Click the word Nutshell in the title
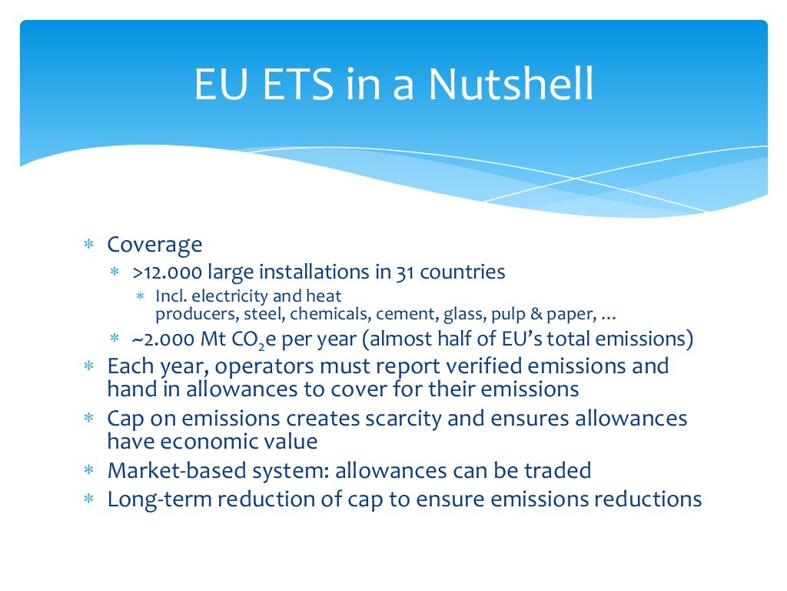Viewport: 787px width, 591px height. (510, 85)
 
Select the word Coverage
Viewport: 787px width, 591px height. (154, 245)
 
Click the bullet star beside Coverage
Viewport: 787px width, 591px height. (88, 245)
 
